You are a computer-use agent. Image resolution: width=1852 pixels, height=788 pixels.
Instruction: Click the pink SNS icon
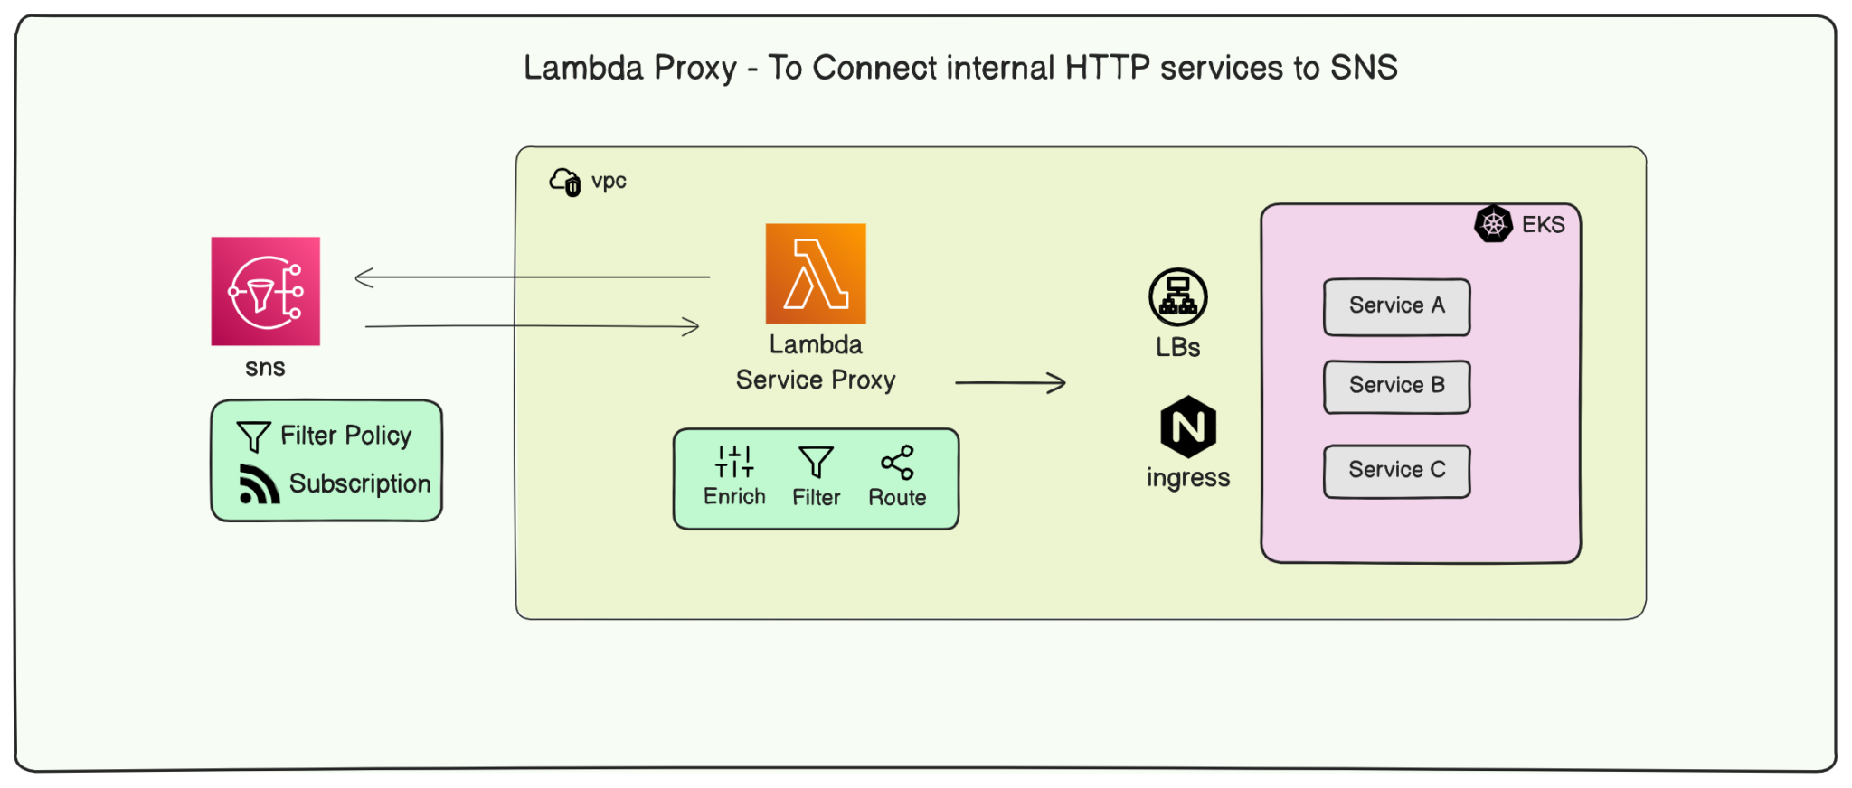265,291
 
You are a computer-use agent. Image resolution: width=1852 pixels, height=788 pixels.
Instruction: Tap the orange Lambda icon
815,274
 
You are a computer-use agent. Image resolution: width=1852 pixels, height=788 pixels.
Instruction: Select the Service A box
1396,306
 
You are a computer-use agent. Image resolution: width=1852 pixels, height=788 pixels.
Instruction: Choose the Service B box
1396,386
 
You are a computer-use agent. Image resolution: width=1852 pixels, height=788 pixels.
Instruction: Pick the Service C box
1396,471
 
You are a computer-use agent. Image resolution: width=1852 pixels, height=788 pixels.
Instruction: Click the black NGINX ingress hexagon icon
1187,427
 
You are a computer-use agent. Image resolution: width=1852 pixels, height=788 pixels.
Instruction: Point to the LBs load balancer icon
1177,296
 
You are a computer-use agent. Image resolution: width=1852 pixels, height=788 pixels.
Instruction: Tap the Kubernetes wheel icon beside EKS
1493,224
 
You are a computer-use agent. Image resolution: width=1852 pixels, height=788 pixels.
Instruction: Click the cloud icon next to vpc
565,182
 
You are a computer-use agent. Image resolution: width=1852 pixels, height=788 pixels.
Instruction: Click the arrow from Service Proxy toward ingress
1010,383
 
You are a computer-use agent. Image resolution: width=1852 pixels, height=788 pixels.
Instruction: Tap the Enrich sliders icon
733,461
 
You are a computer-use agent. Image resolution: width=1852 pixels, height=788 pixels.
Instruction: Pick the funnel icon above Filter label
816,462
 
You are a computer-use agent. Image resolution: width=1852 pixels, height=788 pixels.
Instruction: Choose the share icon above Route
897,462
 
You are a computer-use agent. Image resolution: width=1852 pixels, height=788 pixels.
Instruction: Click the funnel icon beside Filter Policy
253,436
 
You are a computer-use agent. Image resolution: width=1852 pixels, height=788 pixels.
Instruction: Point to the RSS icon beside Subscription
259,484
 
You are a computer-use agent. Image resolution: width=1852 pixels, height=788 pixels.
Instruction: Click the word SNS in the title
1363,68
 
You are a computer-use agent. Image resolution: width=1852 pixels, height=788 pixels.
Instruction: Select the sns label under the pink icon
265,368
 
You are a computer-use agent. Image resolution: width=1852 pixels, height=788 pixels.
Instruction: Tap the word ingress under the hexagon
1187,477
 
